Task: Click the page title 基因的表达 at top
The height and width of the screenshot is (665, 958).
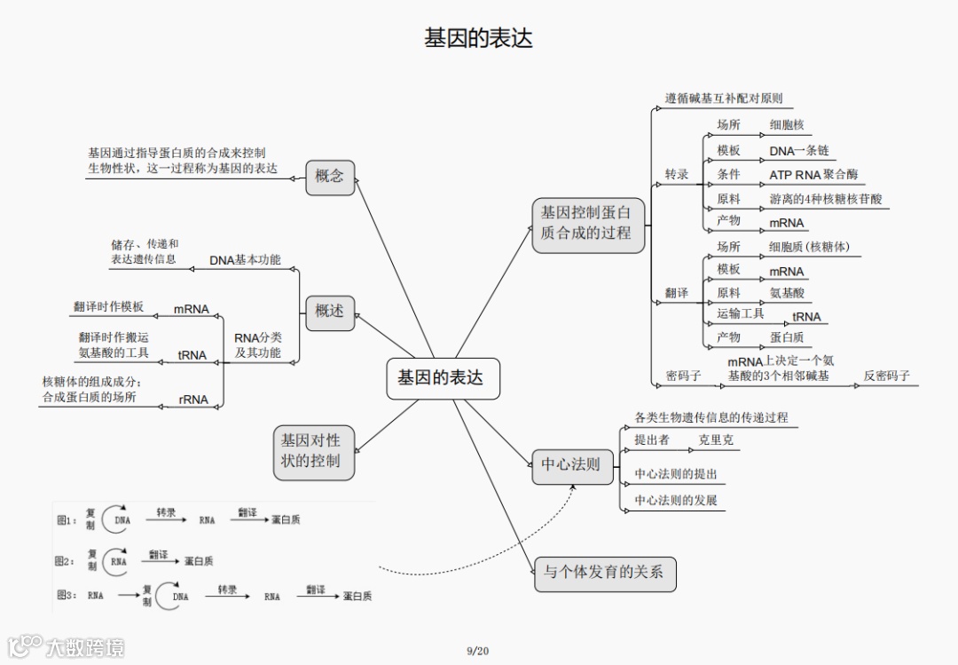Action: tap(478, 38)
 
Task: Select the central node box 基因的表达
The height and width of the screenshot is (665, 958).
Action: tap(441, 377)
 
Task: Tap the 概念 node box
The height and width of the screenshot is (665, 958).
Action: tap(329, 177)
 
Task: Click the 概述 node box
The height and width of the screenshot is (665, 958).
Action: tap(329, 312)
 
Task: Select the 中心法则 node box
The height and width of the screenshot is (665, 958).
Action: tap(571, 464)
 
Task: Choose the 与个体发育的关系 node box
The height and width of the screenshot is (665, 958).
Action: tap(603, 573)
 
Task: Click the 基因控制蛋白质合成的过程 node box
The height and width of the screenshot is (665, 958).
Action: tap(586, 223)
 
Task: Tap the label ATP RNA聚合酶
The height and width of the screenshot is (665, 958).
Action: tap(813, 175)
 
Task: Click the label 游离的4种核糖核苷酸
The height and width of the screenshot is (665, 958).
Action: tap(825, 200)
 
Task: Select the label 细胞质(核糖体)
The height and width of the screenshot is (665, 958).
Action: tap(809, 247)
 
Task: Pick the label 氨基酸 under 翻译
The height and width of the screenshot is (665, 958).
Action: tap(787, 293)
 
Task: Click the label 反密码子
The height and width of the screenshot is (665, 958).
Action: tap(887, 376)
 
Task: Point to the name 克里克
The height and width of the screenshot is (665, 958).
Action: tap(716, 439)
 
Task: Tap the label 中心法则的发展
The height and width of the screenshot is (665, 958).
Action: tap(675, 501)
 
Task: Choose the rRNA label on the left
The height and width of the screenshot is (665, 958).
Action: tap(193, 400)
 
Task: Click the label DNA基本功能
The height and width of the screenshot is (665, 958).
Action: tap(245, 260)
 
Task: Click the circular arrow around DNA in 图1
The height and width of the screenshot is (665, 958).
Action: tap(114, 520)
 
